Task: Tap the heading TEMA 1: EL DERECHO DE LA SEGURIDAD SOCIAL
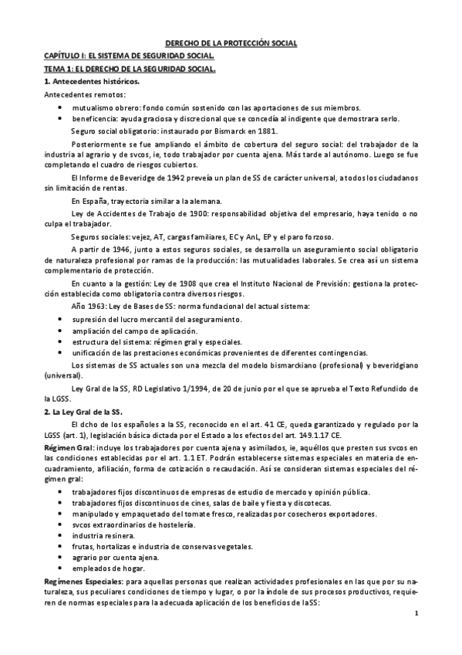(x=129, y=70)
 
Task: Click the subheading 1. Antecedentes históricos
(x=91, y=82)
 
